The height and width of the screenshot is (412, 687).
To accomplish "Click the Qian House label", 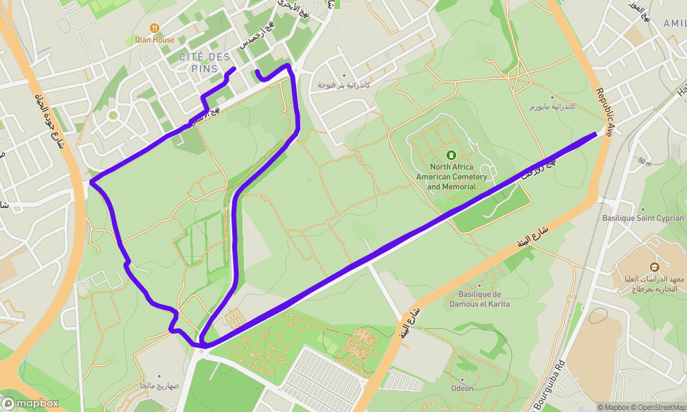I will click(155, 40).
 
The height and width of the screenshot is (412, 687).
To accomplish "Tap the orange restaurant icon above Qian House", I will click(155, 27).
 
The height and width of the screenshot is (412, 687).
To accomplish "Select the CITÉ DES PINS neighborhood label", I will click(204, 62).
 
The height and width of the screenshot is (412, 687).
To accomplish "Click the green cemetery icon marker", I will click(451, 155).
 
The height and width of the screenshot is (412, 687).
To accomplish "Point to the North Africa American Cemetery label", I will click(451, 176).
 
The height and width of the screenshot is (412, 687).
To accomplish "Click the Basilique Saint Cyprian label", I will click(643, 218).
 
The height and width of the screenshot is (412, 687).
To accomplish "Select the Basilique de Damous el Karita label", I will click(480, 299).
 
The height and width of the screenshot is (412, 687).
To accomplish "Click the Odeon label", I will click(462, 388).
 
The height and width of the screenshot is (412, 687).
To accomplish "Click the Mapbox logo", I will click(30, 403).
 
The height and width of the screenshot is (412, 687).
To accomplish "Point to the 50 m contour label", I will click(643, 162).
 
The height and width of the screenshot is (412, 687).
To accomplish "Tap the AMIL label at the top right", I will click(674, 23).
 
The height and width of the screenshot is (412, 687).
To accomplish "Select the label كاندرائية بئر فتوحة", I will click(343, 85).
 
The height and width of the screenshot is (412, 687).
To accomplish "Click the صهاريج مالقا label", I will click(159, 386).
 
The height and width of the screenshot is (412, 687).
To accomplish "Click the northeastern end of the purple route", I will click(595, 134).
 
